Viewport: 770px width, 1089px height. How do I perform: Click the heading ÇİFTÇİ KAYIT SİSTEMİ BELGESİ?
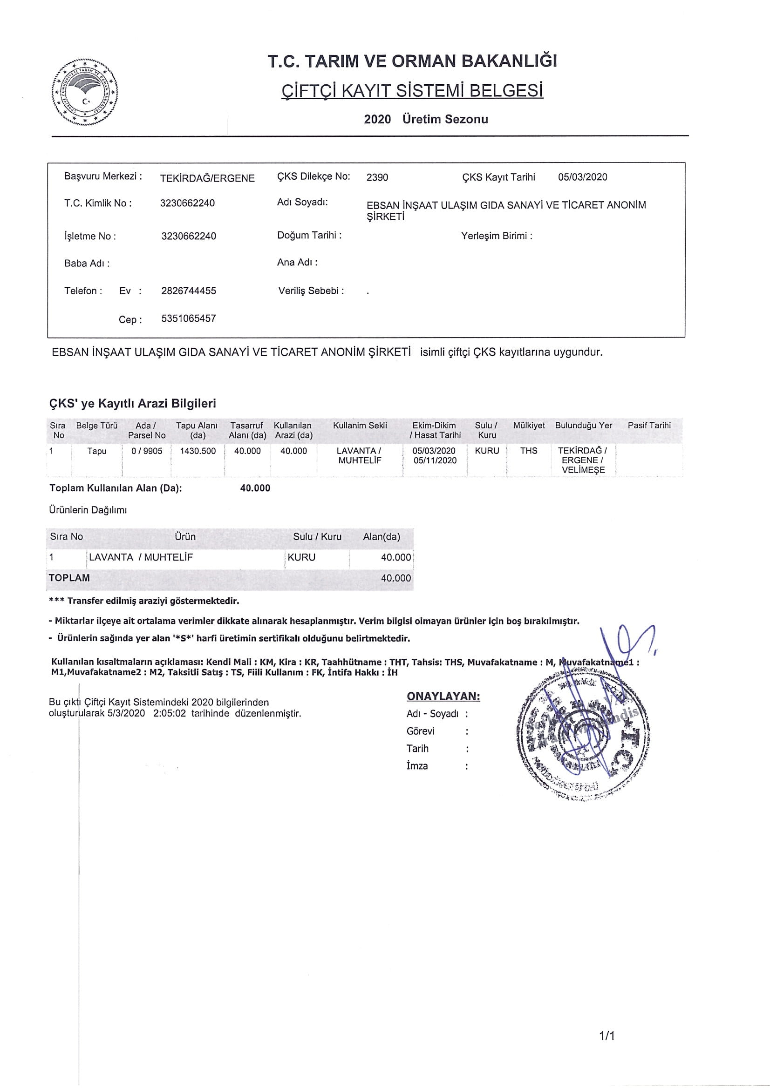[x=412, y=90]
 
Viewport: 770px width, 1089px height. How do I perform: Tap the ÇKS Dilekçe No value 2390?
[x=377, y=177]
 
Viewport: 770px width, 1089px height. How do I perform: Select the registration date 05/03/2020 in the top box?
[x=582, y=177]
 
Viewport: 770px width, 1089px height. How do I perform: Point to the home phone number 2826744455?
[x=188, y=291]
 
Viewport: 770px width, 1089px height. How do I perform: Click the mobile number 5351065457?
[x=188, y=318]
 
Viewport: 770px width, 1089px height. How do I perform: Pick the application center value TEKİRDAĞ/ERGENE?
[x=207, y=178]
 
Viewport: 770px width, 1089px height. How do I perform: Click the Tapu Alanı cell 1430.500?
[x=198, y=451]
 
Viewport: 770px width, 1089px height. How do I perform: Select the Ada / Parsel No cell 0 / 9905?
[x=147, y=451]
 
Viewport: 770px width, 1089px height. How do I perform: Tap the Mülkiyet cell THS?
[x=529, y=451]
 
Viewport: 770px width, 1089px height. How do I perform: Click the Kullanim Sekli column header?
[x=360, y=426]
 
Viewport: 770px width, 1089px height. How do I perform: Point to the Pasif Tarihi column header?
[x=648, y=426]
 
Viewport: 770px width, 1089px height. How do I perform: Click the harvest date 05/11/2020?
[x=435, y=460]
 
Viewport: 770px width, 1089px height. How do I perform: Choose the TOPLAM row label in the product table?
[x=69, y=578]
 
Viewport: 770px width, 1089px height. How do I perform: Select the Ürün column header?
[x=185, y=536]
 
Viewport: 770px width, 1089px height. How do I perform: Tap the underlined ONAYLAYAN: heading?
[x=443, y=696]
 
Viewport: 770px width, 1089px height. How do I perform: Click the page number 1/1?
[x=607, y=1036]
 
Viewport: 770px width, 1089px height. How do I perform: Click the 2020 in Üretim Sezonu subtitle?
[x=377, y=119]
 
